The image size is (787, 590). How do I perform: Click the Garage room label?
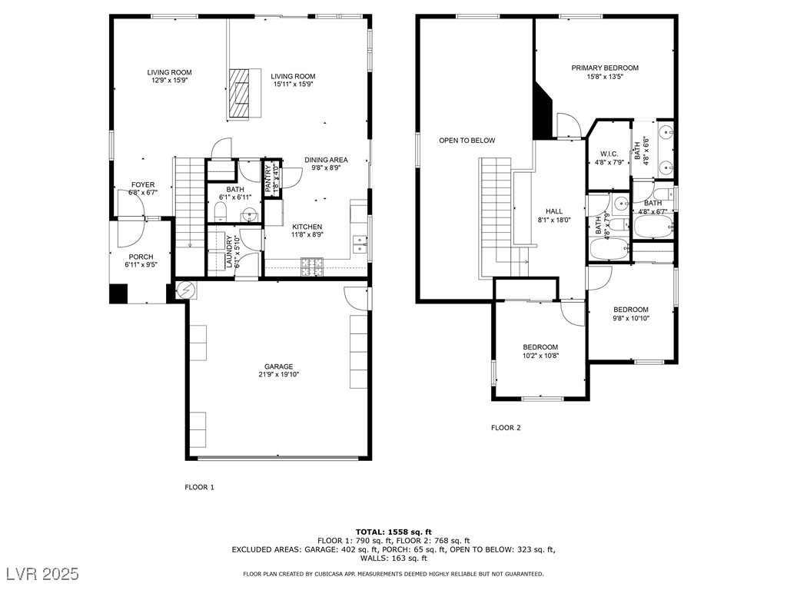278,366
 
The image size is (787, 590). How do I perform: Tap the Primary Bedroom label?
605,68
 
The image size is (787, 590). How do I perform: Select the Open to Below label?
467,141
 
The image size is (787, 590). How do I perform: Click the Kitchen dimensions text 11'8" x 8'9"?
307,234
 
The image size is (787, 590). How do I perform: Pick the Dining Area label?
326,160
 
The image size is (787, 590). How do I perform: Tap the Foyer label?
143,184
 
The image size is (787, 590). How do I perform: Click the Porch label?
141,257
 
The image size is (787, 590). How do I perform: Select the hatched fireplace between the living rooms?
240,93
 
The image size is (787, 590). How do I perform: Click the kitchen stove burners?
312,267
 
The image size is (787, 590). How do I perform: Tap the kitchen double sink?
360,244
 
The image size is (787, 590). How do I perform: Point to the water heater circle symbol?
185,290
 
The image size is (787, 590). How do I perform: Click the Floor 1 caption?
199,487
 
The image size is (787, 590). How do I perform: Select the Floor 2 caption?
506,428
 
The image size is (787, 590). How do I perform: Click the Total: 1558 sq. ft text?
393,532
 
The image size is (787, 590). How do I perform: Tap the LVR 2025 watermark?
43,573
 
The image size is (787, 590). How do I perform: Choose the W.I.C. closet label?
609,154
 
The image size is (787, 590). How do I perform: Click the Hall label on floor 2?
554,211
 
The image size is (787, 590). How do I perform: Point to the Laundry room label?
230,252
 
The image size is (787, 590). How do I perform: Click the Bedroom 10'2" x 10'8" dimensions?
540,355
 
